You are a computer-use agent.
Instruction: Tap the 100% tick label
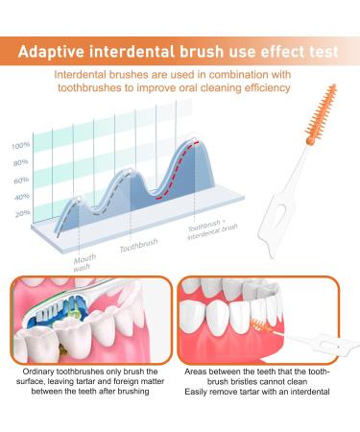click(20, 145)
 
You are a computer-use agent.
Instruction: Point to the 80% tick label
click(20, 162)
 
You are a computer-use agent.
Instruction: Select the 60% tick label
click(20, 180)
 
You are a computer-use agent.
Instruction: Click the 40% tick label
click(20, 197)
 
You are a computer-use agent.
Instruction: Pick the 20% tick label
click(20, 213)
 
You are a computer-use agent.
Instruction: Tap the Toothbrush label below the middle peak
click(138, 247)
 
